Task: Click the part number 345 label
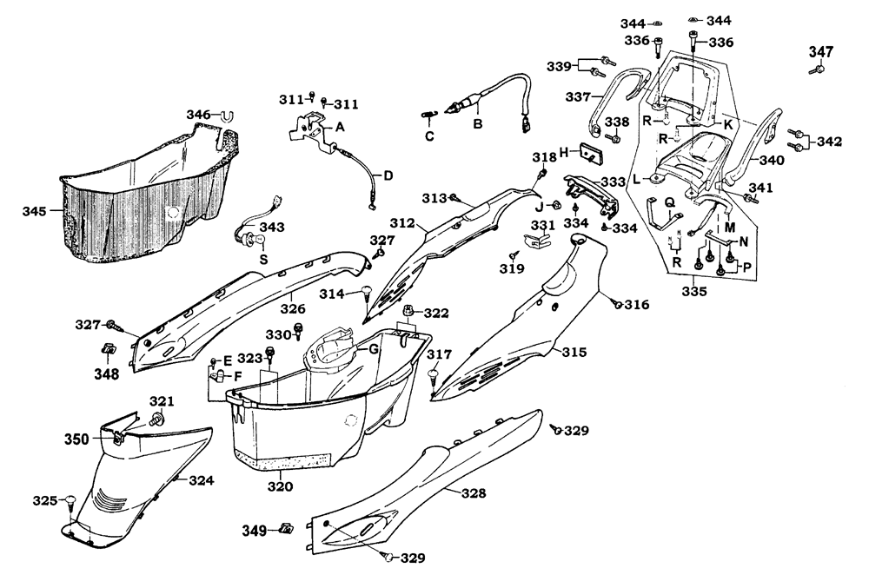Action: (x=34, y=211)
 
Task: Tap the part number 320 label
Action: (x=281, y=486)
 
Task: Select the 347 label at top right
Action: (x=821, y=52)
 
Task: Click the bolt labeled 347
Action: (x=815, y=69)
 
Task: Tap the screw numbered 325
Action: (x=70, y=502)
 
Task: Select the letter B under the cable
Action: (x=477, y=124)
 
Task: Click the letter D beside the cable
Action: (x=388, y=176)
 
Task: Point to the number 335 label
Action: (x=694, y=291)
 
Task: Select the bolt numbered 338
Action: (x=613, y=136)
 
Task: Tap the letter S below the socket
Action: (x=264, y=259)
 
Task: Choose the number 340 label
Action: (x=772, y=161)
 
